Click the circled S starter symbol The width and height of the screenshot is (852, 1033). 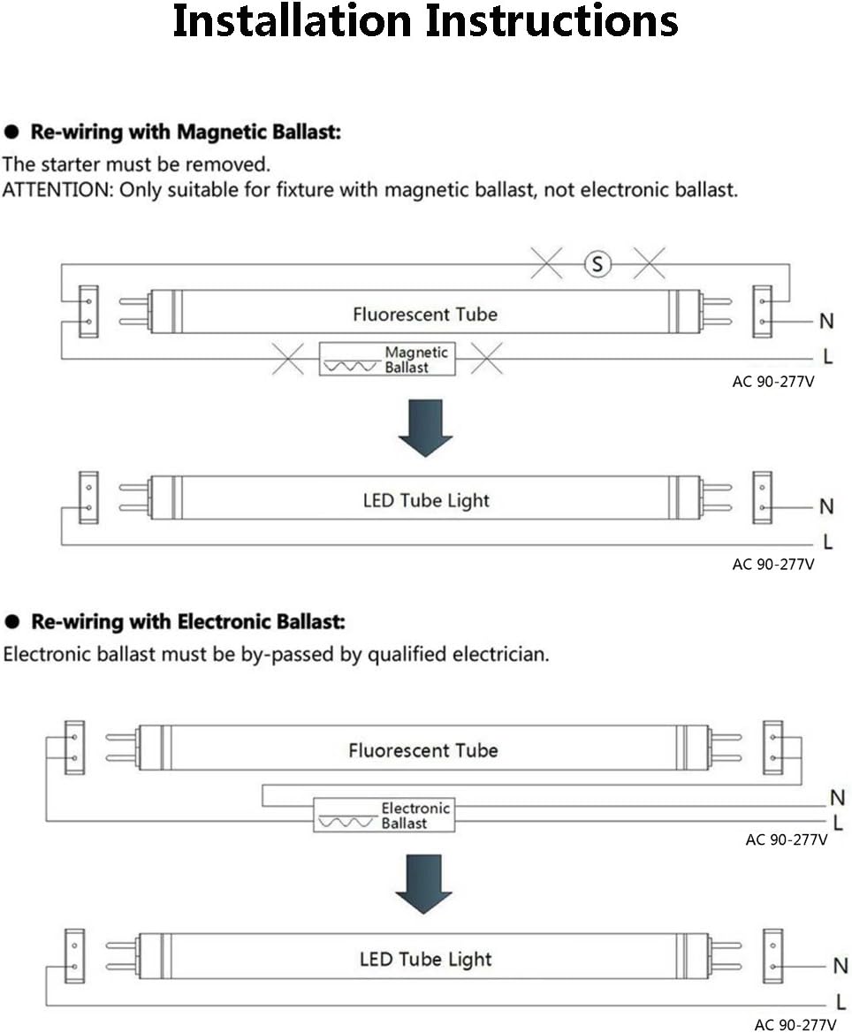coord(598,263)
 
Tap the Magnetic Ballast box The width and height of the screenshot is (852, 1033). coord(386,360)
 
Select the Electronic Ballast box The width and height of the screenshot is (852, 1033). coord(384,815)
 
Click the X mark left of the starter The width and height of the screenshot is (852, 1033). coord(546,262)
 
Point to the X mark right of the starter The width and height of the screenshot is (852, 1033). coord(650,262)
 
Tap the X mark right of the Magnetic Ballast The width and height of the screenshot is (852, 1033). coord(486,359)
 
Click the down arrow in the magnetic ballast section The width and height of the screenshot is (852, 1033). coord(425,428)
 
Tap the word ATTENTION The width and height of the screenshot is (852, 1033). coord(57,190)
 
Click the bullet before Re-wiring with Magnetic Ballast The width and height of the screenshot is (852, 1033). coord(12,133)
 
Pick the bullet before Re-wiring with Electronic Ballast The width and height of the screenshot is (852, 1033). coord(12,622)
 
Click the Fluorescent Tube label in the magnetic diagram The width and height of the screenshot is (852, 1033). coord(425,314)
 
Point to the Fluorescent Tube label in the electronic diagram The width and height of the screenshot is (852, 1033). coord(423,750)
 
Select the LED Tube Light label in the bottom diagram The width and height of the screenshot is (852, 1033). coord(425,959)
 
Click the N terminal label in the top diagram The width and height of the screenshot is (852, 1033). coord(827,321)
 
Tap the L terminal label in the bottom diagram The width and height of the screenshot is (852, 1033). coord(841,1003)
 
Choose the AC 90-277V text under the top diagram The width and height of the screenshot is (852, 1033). coord(772,383)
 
